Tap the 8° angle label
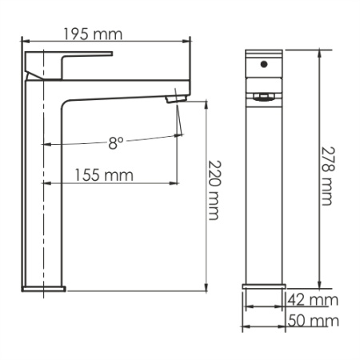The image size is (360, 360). tap(116, 143)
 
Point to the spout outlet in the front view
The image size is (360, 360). tap(265, 98)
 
